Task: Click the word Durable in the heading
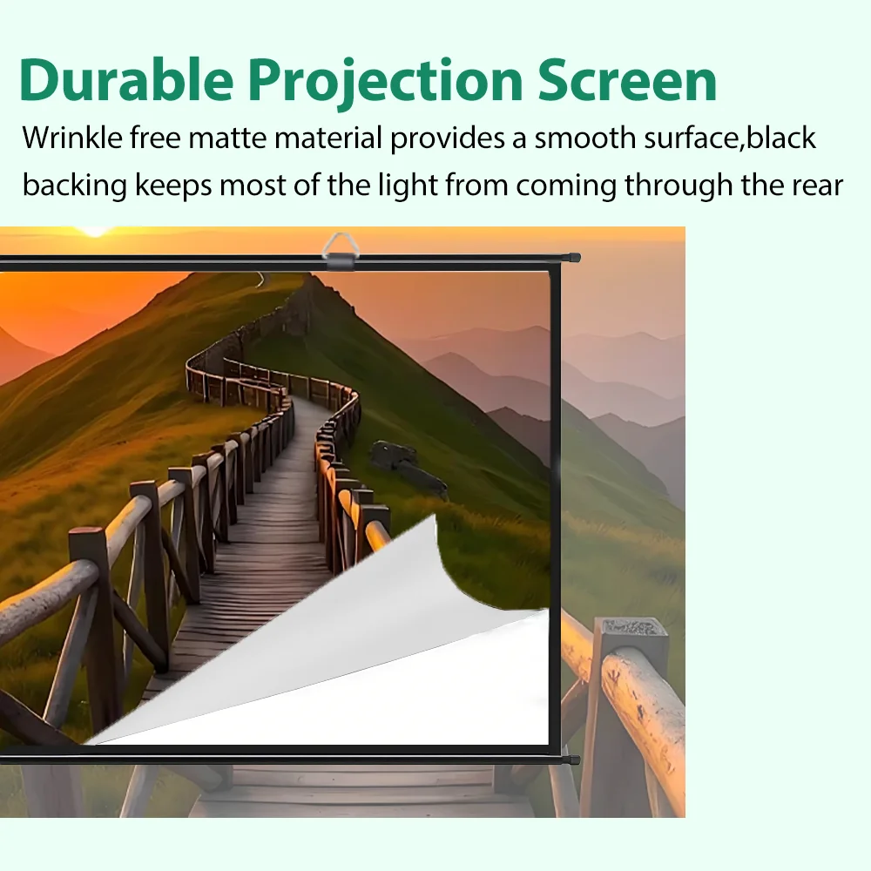tap(125, 80)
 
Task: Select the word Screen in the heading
tap(627, 80)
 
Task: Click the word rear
tap(814, 186)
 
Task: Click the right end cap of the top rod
tap(572, 258)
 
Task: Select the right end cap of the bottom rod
tap(572, 760)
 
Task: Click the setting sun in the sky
tap(93, 231)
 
